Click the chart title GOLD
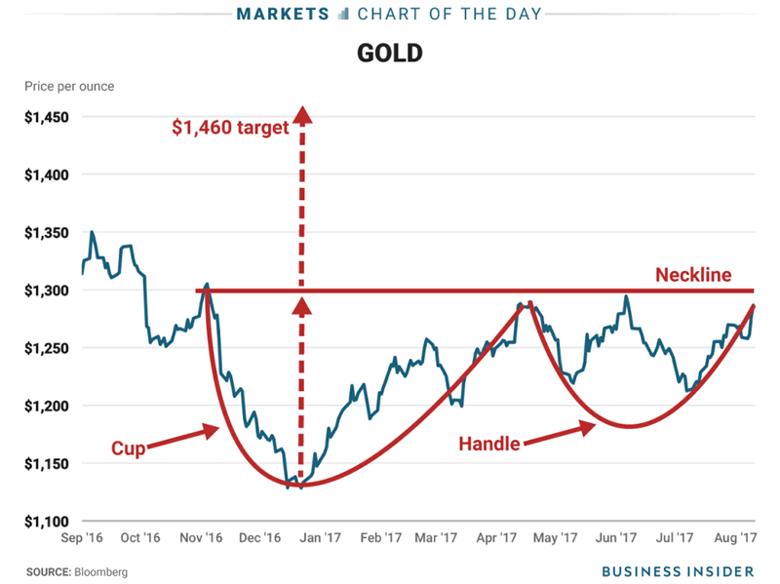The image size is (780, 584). click(389, 53)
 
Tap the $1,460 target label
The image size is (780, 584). click(230, 128)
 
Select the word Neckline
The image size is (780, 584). click(693, 275)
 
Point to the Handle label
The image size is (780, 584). click(489, 443)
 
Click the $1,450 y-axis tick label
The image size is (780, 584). click(47, 118)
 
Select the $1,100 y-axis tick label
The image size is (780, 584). click(47, 522)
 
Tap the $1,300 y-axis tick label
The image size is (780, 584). click(47, 291)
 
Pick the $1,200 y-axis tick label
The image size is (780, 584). click(47, 406)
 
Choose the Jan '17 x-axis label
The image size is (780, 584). click(320, 537)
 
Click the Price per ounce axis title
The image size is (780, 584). click(69, 87)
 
